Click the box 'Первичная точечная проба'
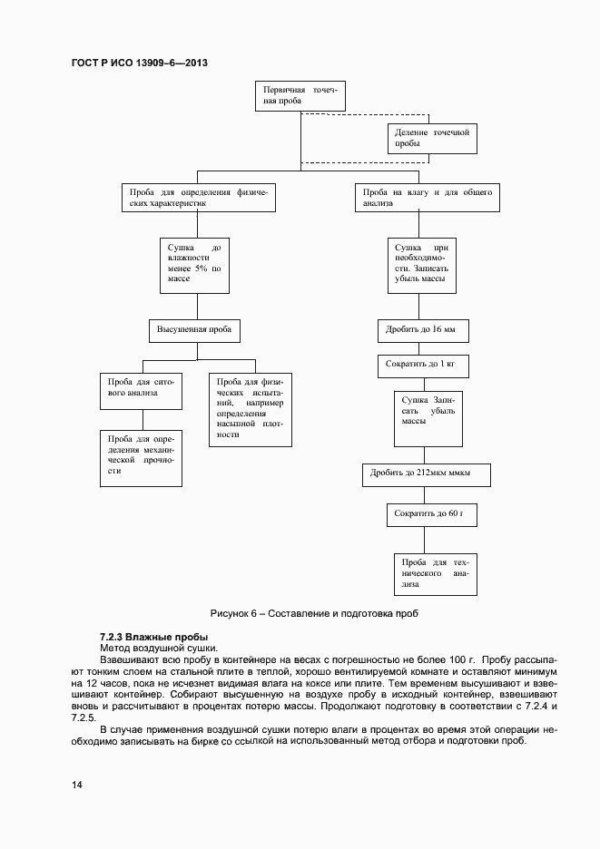(300, 96)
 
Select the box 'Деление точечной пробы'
(432, 138)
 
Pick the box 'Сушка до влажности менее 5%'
(194, 265)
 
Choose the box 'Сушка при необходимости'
(422, 265)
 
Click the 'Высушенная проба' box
(194, 330)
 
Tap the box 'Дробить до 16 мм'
(422, 330)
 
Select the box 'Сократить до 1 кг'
(422, 366)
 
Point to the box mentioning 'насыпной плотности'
(251, 409)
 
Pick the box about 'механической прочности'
(142, 458)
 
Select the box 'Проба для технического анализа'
(436, 573)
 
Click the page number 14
(77, 784)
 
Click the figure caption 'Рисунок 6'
(313, 613)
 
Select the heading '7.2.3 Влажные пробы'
(153, 637)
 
